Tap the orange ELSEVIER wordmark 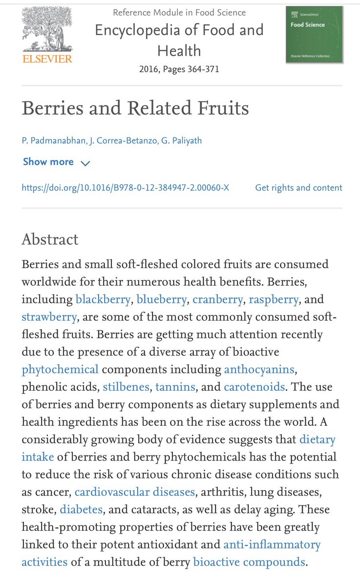47,59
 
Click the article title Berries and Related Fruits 135,108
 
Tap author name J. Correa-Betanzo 121,141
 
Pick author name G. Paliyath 180,141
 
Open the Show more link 48,162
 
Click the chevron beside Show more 85,163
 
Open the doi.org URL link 126,188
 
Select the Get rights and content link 298,188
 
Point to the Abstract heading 50,239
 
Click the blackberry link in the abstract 103,299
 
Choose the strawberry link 49,317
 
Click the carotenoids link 254,387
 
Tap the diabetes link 81,509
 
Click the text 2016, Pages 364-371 179,69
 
